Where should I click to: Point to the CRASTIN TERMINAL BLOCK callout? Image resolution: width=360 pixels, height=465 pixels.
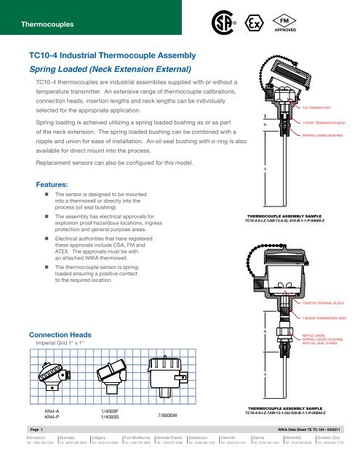coord(323,302)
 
